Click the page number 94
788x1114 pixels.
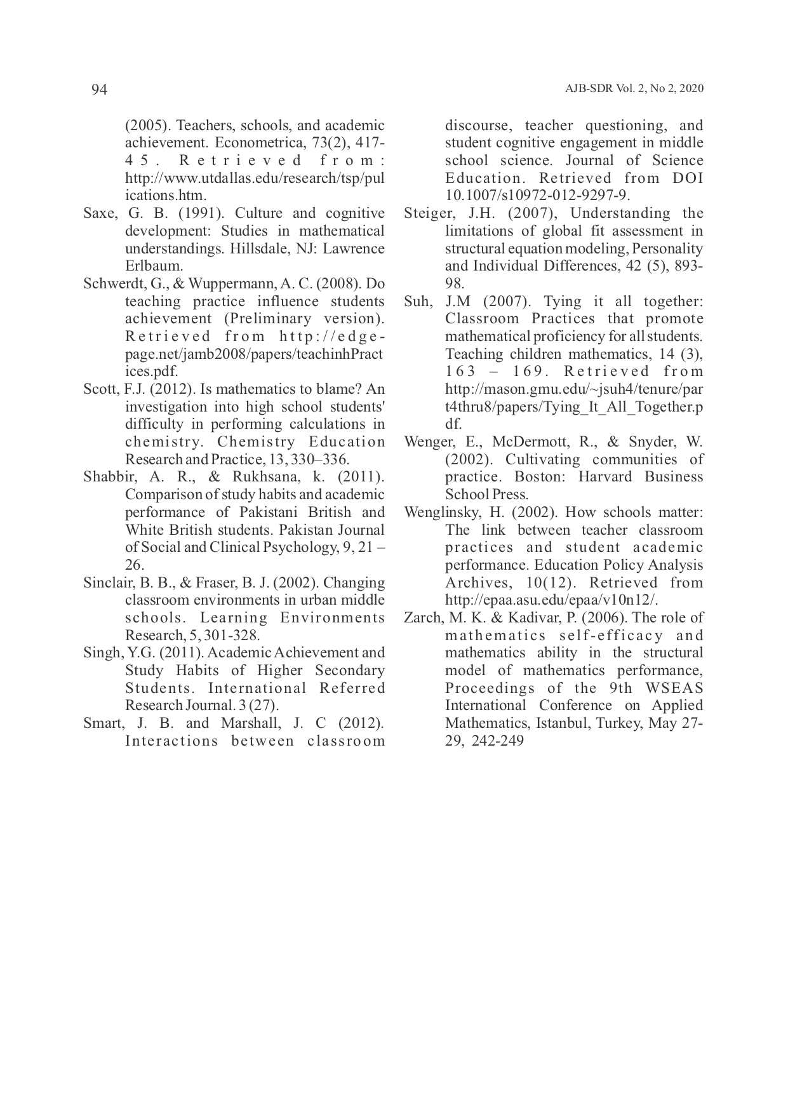click(100, 90)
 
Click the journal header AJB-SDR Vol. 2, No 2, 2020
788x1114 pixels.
click(634, 90)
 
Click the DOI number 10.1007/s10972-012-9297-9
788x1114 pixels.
click(537, 196)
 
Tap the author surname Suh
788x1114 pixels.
click(417, 302)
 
